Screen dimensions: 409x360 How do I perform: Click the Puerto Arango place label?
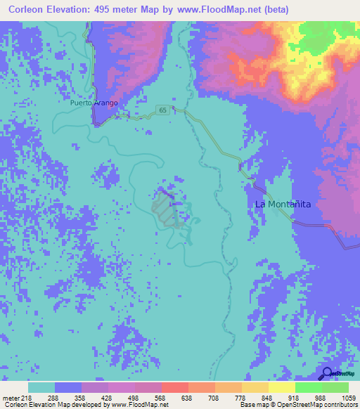pos(94,103)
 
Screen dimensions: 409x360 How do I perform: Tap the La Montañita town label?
pos(283,204)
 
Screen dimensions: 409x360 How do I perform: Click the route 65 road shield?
pos(163,110)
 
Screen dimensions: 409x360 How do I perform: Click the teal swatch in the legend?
pos(41,387)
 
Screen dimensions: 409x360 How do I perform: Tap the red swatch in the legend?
pos(174,387)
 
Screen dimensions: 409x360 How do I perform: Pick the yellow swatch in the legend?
pos(281,387)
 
